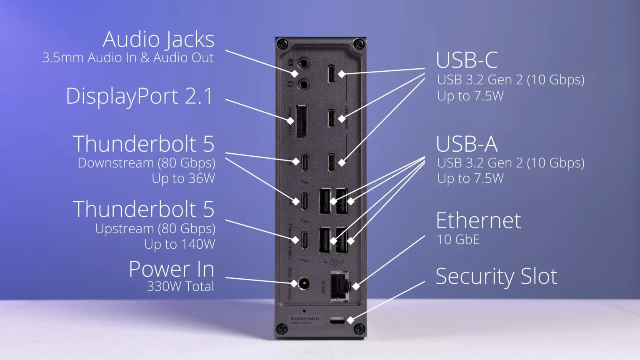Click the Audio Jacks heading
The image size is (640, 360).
tap(158, 40)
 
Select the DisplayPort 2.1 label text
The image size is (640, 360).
tap(139, 96)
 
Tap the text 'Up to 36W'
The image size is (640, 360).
tap(183, 179)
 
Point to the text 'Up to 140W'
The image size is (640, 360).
tap(180, 244)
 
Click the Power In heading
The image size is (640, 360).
tap(171, 269)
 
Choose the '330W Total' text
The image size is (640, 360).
tap(180, 287)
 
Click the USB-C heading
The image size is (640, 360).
tap(467, 60)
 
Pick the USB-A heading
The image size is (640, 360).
tap(467, 144)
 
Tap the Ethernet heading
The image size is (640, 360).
tap(478, 221)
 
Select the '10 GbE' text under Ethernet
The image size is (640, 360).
tap(458, 240)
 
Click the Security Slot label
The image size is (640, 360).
tap(496, 276)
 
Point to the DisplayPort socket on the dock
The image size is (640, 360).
tap(301, 121)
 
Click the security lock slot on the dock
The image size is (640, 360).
tap(337, 320)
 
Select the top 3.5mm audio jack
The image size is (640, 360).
tap(305, 64)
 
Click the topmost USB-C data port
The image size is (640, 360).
tap(331, 74)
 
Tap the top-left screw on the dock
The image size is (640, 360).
tap(283, 43)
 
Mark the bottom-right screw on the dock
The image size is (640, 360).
tap(359, 329)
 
